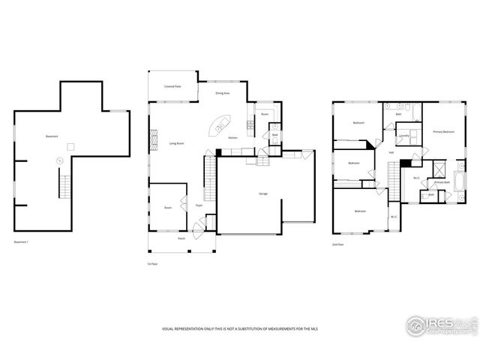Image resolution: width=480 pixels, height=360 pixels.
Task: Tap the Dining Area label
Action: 223,94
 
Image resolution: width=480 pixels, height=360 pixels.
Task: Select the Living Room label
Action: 177,143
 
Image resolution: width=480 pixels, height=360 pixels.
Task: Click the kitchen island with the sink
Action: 223,124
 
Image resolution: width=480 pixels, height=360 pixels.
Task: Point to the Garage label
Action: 263,193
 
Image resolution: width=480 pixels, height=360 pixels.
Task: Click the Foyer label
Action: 199,205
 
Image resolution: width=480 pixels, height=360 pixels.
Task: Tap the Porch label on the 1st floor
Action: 181,238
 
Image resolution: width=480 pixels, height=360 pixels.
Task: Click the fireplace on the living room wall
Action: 153,139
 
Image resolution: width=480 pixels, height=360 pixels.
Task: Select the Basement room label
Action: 52,136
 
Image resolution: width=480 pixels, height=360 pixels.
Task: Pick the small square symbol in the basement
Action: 71,145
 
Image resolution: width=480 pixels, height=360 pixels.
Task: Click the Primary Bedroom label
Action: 443,132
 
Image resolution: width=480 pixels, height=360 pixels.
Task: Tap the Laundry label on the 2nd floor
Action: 403,136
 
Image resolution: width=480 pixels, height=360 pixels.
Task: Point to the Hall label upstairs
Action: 391,152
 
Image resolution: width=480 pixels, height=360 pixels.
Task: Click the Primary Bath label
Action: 441,182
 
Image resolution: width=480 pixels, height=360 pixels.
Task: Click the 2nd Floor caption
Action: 338,244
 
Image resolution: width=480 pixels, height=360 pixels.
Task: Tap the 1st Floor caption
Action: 152,264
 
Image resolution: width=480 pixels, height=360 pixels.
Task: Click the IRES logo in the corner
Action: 439,325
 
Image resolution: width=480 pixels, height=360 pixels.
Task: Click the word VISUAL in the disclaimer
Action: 169,329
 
